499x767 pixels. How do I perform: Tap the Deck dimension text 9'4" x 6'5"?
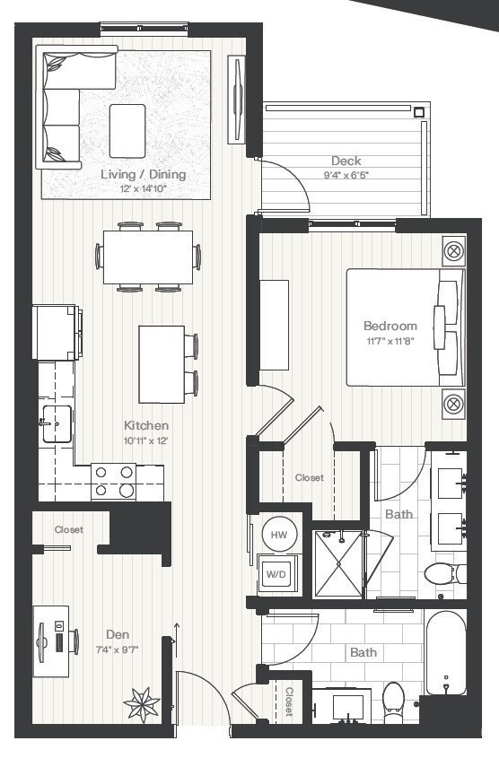point(346,176)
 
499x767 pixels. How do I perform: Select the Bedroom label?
point(390,326)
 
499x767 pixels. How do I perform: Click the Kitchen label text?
point(146,425)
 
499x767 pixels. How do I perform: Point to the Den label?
point(117,635)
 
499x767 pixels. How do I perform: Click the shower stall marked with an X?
point(339,564)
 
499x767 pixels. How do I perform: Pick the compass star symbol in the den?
point(142,702)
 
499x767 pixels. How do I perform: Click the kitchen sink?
point(56,423)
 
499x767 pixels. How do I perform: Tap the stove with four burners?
point(114,481)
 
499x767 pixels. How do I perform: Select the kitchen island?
point(162,363)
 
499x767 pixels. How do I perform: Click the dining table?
point(148,257)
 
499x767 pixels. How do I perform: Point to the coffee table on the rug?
point(127,131)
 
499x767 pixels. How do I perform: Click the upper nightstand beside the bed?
point(454,251)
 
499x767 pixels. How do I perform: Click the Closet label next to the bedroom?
point(310,478)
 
